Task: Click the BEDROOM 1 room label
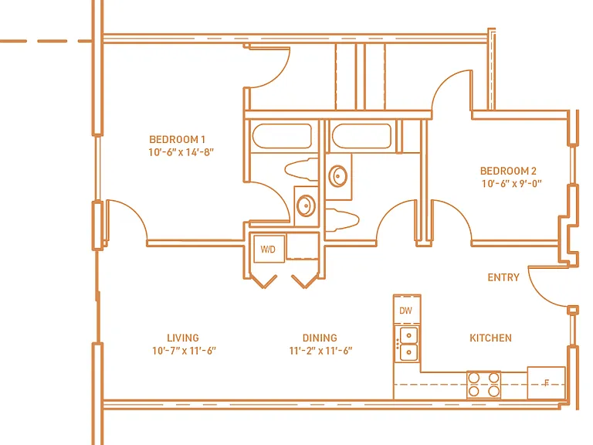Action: point(177,140)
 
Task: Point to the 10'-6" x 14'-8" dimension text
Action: point(181,152)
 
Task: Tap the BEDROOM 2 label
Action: point(508,171)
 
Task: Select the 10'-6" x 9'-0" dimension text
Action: point(512,184)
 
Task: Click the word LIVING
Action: point(183,338)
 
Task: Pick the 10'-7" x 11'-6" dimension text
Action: point(185,351)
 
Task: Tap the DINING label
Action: point(320,338)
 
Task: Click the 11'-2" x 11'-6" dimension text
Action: point(320,351)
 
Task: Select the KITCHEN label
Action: point(490,338)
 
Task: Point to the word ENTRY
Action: point(503,277)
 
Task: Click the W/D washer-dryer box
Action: point(269,249)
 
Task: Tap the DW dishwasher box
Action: point(407,310)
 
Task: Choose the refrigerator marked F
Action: point(546,382)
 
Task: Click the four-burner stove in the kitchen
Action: point(483,385)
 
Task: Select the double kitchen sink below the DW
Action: point(408,344)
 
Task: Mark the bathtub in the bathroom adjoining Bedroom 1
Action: point(282,136)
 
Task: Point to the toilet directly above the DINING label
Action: point(342,219)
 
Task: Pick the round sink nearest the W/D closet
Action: point(306,205)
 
